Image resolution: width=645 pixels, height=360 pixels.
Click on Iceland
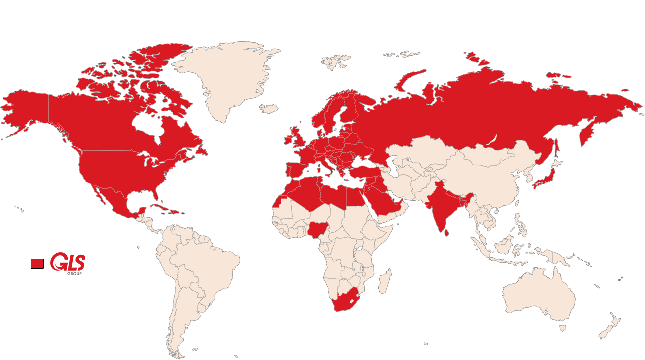pos(269,108)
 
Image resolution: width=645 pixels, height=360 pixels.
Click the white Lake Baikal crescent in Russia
pos(492,139)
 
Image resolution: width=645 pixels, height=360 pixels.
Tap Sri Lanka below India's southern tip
pos(447,231)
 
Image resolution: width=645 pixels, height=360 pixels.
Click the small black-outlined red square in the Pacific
pos(37,263)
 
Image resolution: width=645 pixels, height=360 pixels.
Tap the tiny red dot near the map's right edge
pos(619,280)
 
